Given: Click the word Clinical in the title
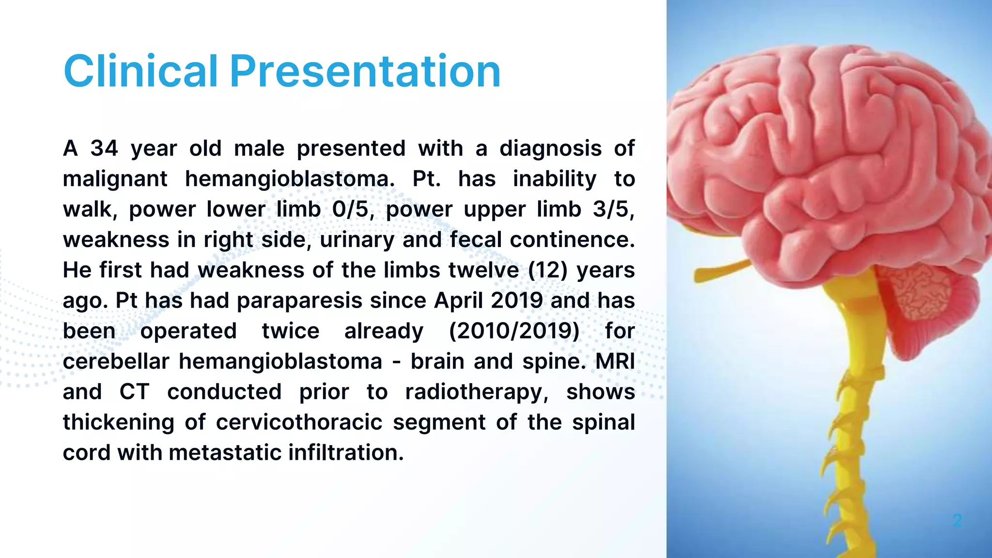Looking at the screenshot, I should (x=140, y=71).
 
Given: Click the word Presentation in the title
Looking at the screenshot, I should (x=365, y=71).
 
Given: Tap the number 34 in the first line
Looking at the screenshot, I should (x=104, y=148).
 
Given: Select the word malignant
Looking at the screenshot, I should (x=115, y=179).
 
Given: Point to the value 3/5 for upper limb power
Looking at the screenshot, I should (x=612, y=209).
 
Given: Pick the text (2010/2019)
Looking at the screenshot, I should (x=514, y=331).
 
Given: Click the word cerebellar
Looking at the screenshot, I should (x=116, y=362).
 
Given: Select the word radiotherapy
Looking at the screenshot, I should (x=477, y=392).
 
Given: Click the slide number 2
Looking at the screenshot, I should (x=957, y=521).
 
